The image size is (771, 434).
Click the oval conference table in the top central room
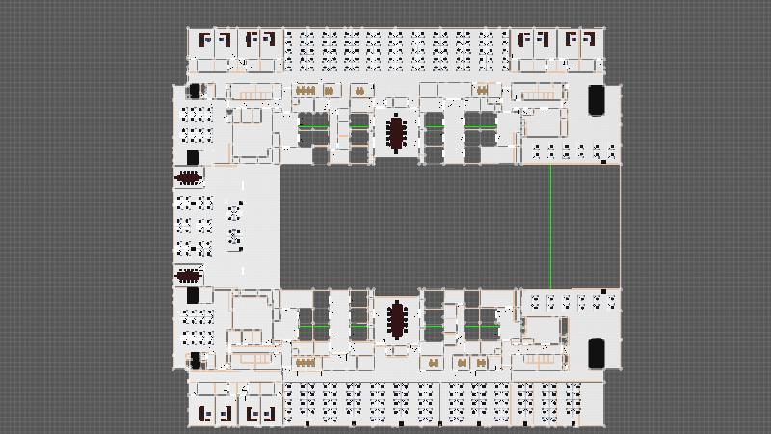pyautogui.click(x=396, y=133)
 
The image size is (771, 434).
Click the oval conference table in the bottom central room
pyautogui.click(x=396, y=320)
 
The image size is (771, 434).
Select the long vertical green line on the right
pyautogui.click(x=549, y=226)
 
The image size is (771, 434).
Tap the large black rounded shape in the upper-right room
pyautogui.click(x=597, y=100)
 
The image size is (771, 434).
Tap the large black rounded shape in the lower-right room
pyautogui.click(x=597, y=353)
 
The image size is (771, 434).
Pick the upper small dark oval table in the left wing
pyautogui.click(x=189, y=176)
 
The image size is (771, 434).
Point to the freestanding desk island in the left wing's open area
pyautogui.click(x=234, y=225)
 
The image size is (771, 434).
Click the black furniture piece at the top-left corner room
pyautogui.click(x=197, y=91)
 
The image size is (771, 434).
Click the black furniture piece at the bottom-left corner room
pyautogui.click(x=197, y=361)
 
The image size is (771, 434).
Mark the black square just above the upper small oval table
pyautogui.click(x=193, y=157)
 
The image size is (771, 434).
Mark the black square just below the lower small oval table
pyautogui.click(x=193, y=294)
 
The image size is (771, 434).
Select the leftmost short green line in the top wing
pyautogui.click(x=311, y=126)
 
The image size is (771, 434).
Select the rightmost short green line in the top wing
pyautogui.click(x=480, y=126)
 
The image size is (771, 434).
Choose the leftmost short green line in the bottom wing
pyautogui.click(x=311, y=328)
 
